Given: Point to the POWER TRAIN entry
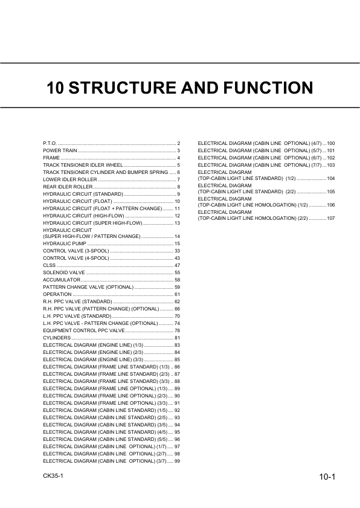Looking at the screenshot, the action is click(60, 150).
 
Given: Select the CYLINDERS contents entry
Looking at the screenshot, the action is click(57, 338).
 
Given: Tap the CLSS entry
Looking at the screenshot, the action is click(50, 265).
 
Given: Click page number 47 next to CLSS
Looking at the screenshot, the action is click(178, 265).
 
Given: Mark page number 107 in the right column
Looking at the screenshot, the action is click(330, 217).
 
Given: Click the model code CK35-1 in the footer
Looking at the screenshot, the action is click(53, 477).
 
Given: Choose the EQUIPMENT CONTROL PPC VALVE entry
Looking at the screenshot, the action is click(83, 330).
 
